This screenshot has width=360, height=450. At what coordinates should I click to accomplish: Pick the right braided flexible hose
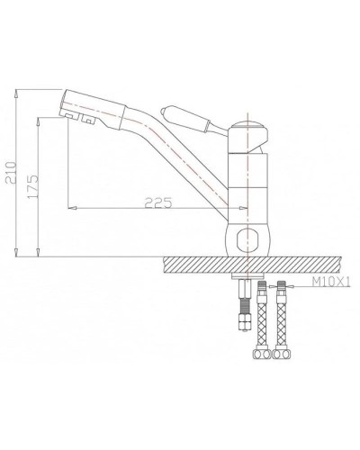(283, 319)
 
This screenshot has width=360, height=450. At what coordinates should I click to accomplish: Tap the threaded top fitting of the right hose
(283, 290)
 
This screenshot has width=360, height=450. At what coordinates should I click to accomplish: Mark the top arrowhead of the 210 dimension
(20, 91)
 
